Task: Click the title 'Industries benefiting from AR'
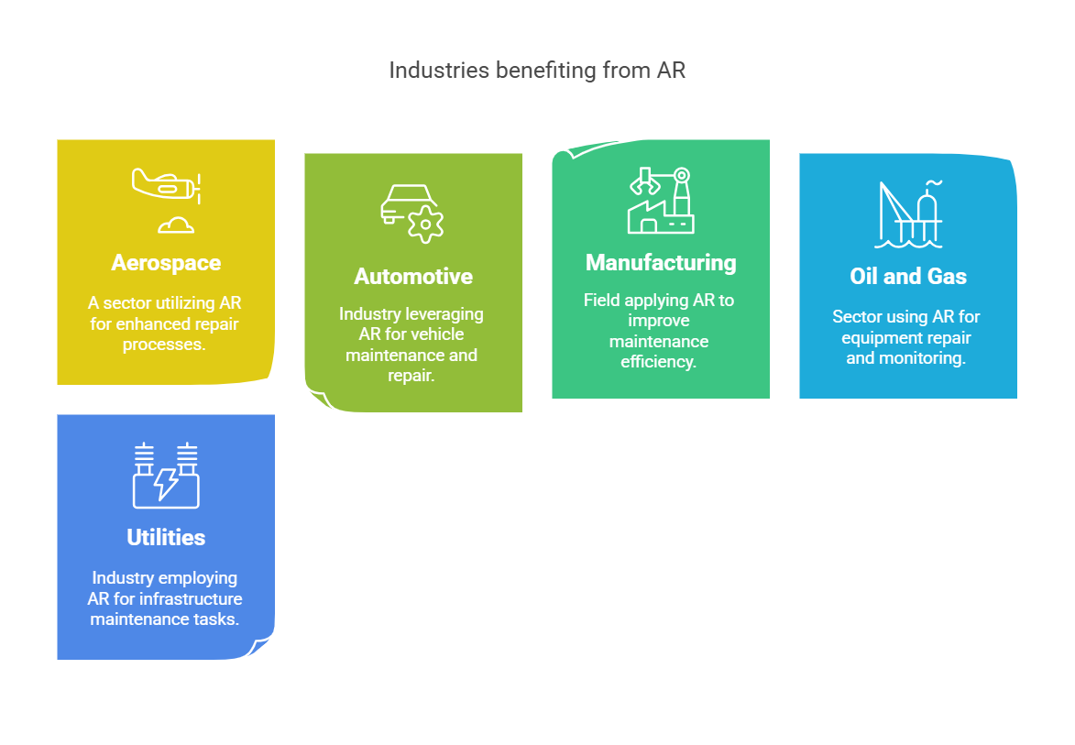click(x=537, y=71)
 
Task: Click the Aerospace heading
click(x=166, y=263)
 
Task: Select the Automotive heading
click(x=413, y=277)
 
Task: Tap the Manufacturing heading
click(x=661, y=263)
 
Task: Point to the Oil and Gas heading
click(x=908, y=277)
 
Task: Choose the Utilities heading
click(x=166, y=538)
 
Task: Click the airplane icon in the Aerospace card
click(x=168, y=185)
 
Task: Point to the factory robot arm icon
click(x=661, y=199)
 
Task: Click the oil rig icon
click(x=908, y=214)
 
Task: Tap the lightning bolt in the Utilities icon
click(x=166, y=483)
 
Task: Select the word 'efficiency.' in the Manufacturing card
click(x=660, y=362)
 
